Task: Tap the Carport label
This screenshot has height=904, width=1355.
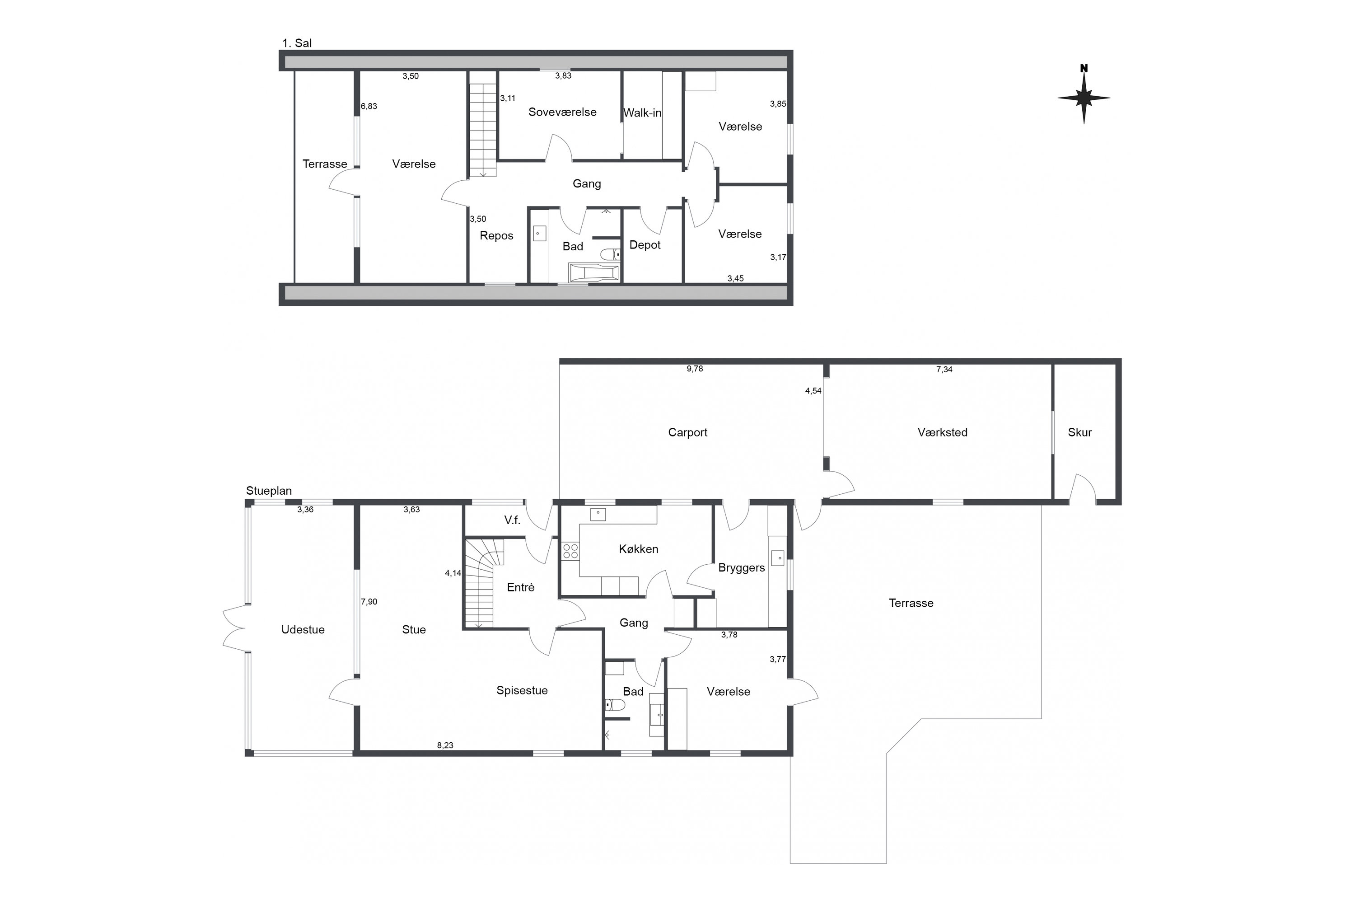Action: click(x=687, y=432)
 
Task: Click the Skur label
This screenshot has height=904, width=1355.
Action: click(x=1079, y=432)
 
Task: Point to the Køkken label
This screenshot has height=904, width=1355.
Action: click(x=639, y=549)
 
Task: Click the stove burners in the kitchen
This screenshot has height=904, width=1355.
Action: click(x=570, y=551)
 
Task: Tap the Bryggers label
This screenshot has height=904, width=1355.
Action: click(x=741, y=568)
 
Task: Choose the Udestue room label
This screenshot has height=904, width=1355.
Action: click(x=303, y=630)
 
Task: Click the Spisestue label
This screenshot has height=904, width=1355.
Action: click(x=522, y=691)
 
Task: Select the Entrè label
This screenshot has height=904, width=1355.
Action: click(x=520, y=587)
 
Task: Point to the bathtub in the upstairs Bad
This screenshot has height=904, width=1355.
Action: click(x=594, y=272)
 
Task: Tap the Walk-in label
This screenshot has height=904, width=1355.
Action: click(x=642, y=113)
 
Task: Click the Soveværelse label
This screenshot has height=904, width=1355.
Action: click(x=562, y=112)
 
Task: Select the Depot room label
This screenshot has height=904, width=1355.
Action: click(x=645, y=245)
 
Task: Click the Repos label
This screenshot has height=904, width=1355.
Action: click(x=496, y=236)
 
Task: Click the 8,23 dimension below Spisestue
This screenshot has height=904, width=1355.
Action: click(x=445, y=745)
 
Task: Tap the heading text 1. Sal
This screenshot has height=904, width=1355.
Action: click(x=297, y=43)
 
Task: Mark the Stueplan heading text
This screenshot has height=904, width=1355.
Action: click(x=269, y=491)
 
